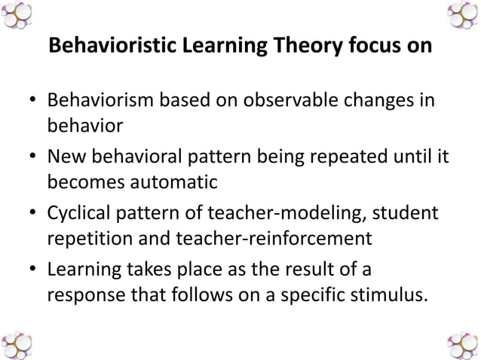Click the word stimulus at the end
[384, 294]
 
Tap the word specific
[301, 294]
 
